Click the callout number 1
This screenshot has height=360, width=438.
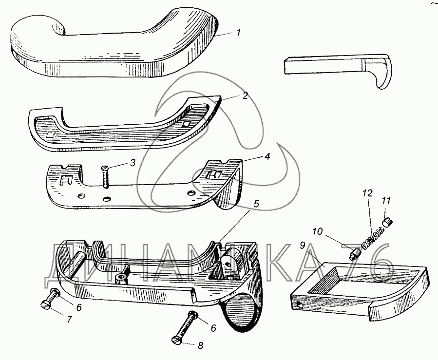coord(238,34)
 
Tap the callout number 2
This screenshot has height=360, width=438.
coord(246,95)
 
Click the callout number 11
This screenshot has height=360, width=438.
coord(386,200)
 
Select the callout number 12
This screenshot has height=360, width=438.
coord(367,193)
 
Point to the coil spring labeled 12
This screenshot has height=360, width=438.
coord(373,238)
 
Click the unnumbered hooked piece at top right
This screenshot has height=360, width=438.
coord(341,68)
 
